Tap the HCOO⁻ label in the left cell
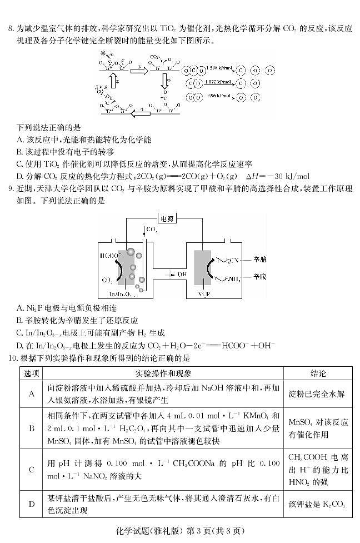click(x=110, y=256)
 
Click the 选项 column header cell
click(x=32, y=373)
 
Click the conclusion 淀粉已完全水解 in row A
click(x=318, y=394)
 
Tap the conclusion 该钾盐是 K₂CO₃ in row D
click(x=318, y=505)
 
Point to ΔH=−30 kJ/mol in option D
click(x=276, y=176)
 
